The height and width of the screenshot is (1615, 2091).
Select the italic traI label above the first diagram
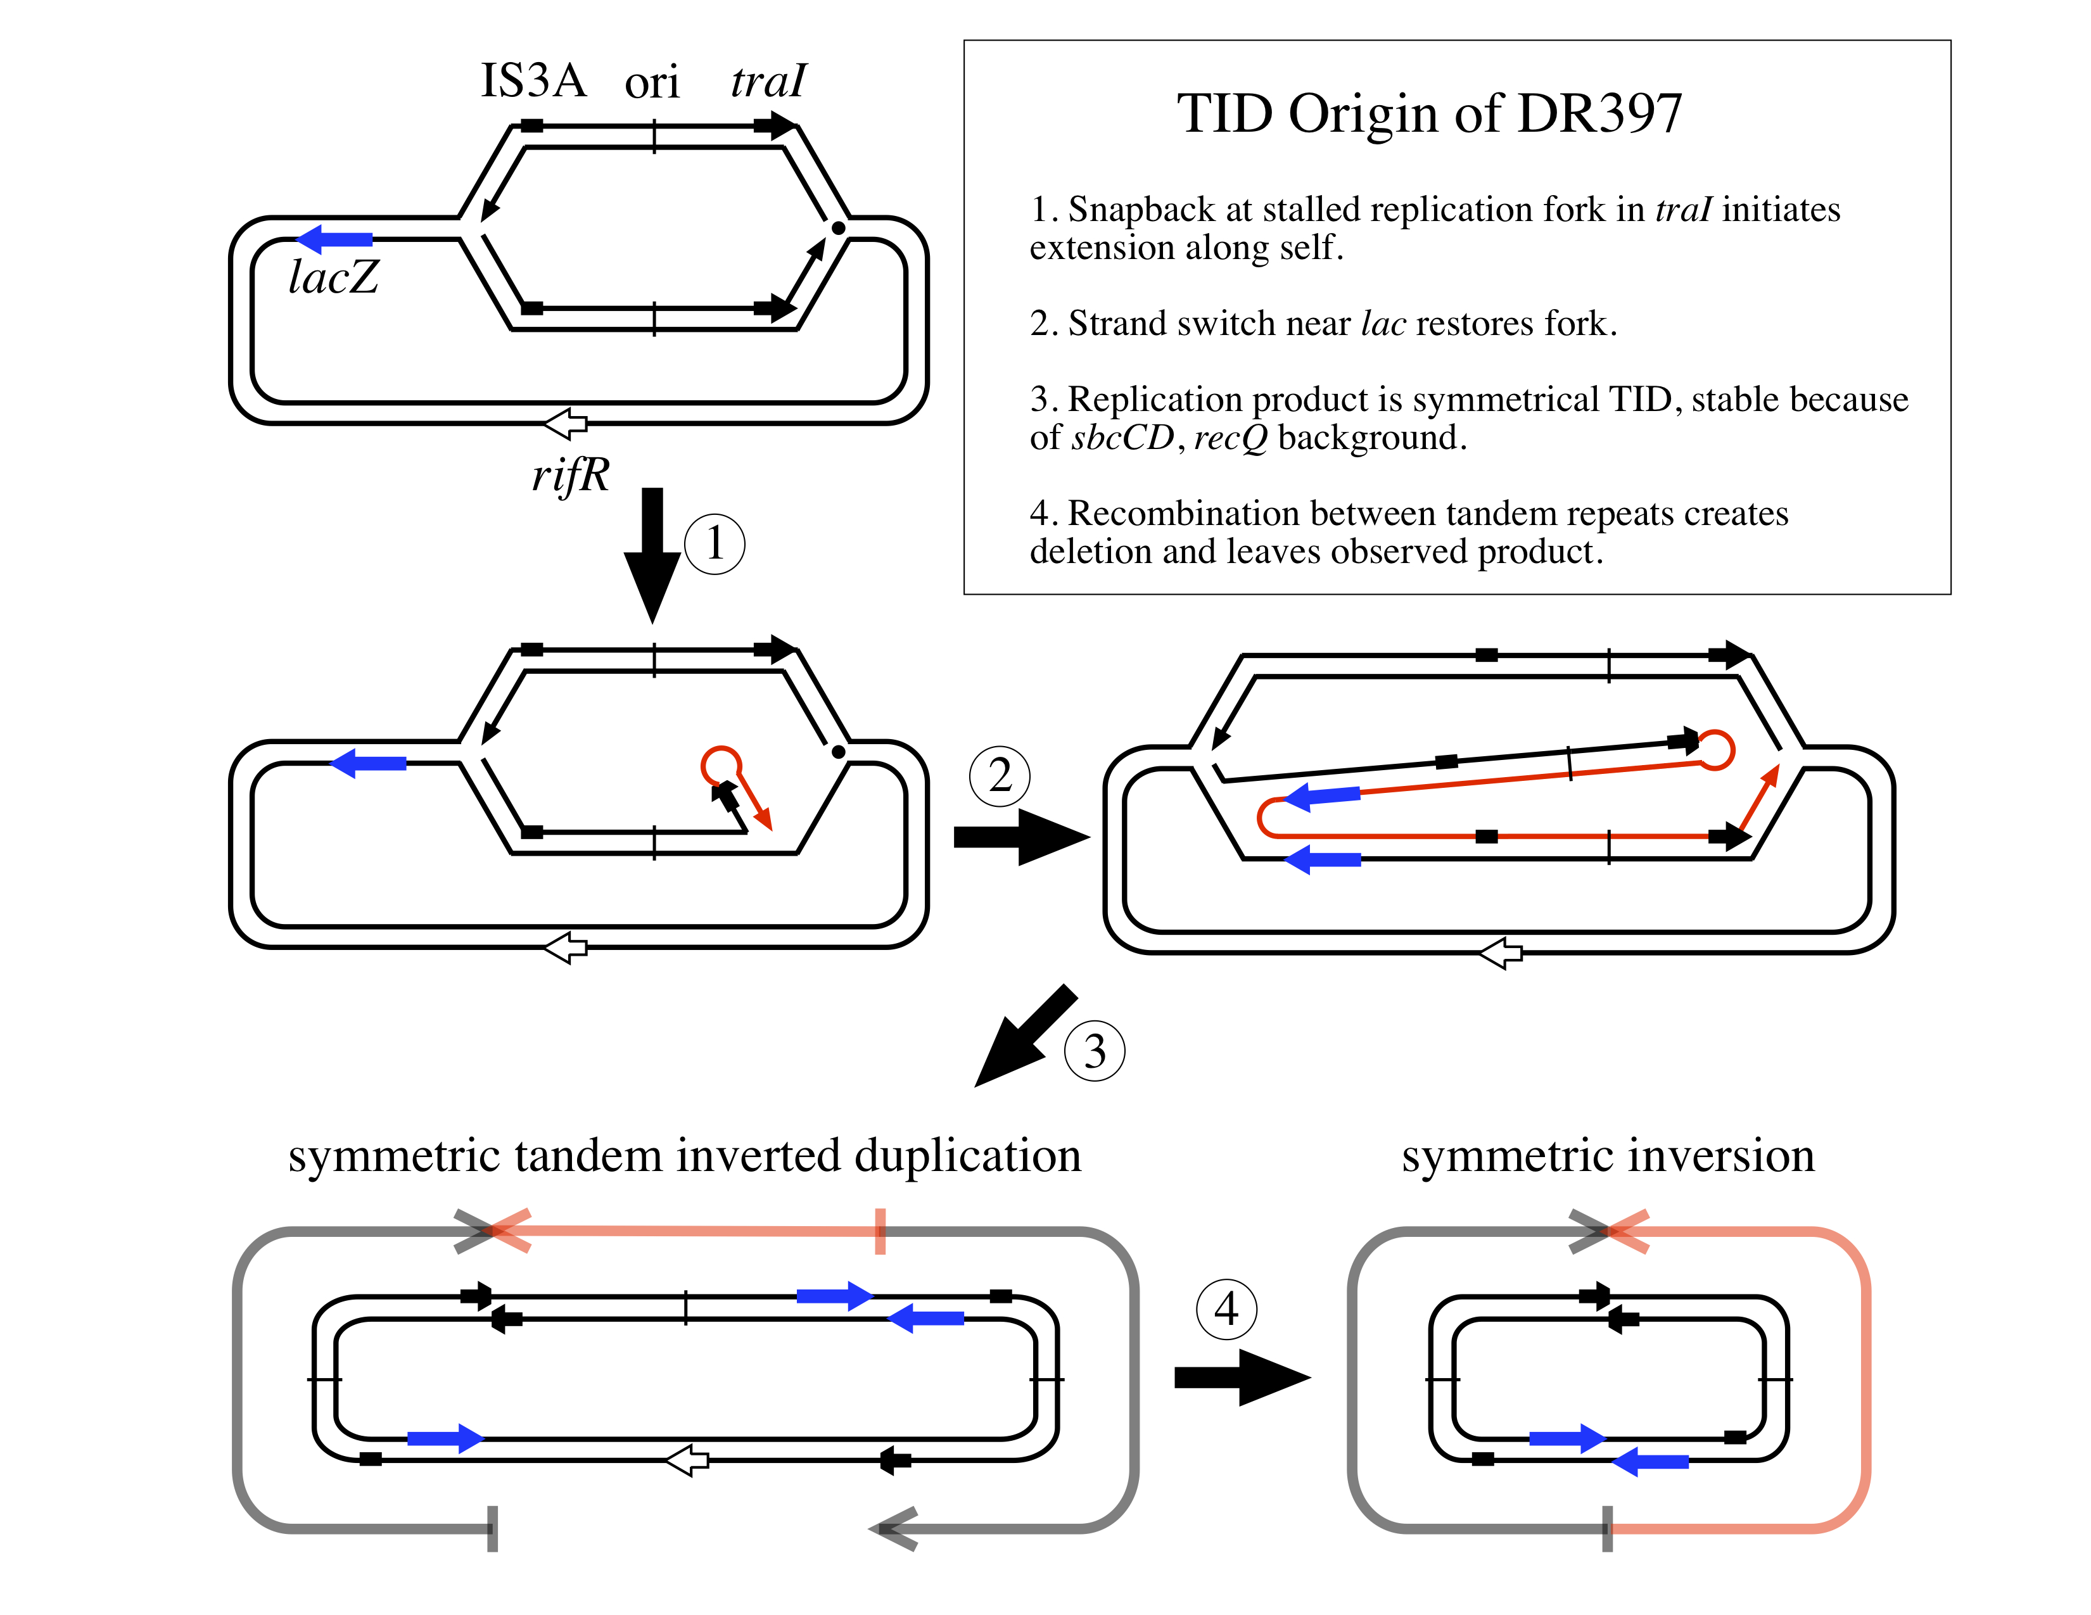pyautogui.click(x=768, y=80)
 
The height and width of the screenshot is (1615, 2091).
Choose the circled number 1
pyautogui.click(x=715, y=544)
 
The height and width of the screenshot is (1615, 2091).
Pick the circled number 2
pyautogui.click(x=1000, y=775)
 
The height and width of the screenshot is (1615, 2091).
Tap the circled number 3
pyautogui.click(x=1095, y=1051)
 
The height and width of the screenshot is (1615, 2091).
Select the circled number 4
pyautogui.click(x=1226, y=1308)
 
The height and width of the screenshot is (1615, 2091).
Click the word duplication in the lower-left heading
pyautogui.click(x=967, y=1155)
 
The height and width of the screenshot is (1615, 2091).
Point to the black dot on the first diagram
pyautogui.click(x=838, y=228)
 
